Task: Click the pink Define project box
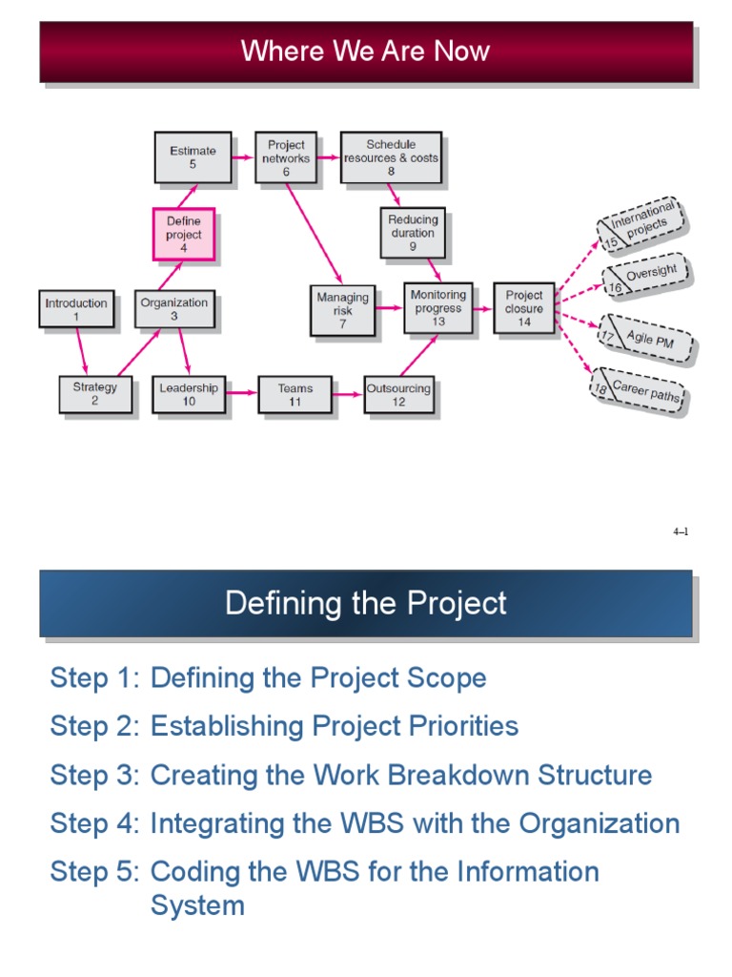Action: [x=183, y=234]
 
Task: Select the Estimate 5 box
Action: [x=193, y=156]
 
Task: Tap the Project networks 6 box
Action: [x=286, y=157]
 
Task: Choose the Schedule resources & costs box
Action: [x=391, y=157]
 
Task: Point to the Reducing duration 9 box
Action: [x=413, y=233]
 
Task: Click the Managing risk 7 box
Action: [x=342, y=310]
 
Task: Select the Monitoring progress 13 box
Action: [x=437, y=308]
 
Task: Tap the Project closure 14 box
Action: [x=524, y=308]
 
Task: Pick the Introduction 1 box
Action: [x=76, y=310]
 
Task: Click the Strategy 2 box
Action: [x=94, y=394]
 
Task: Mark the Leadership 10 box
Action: [x=189, y=394]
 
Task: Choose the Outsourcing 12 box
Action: [x=398, y=394]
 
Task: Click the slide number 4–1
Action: [x=681, y=532]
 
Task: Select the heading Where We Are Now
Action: [x=366, y=52]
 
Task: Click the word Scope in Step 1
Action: [x=447, y=678]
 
